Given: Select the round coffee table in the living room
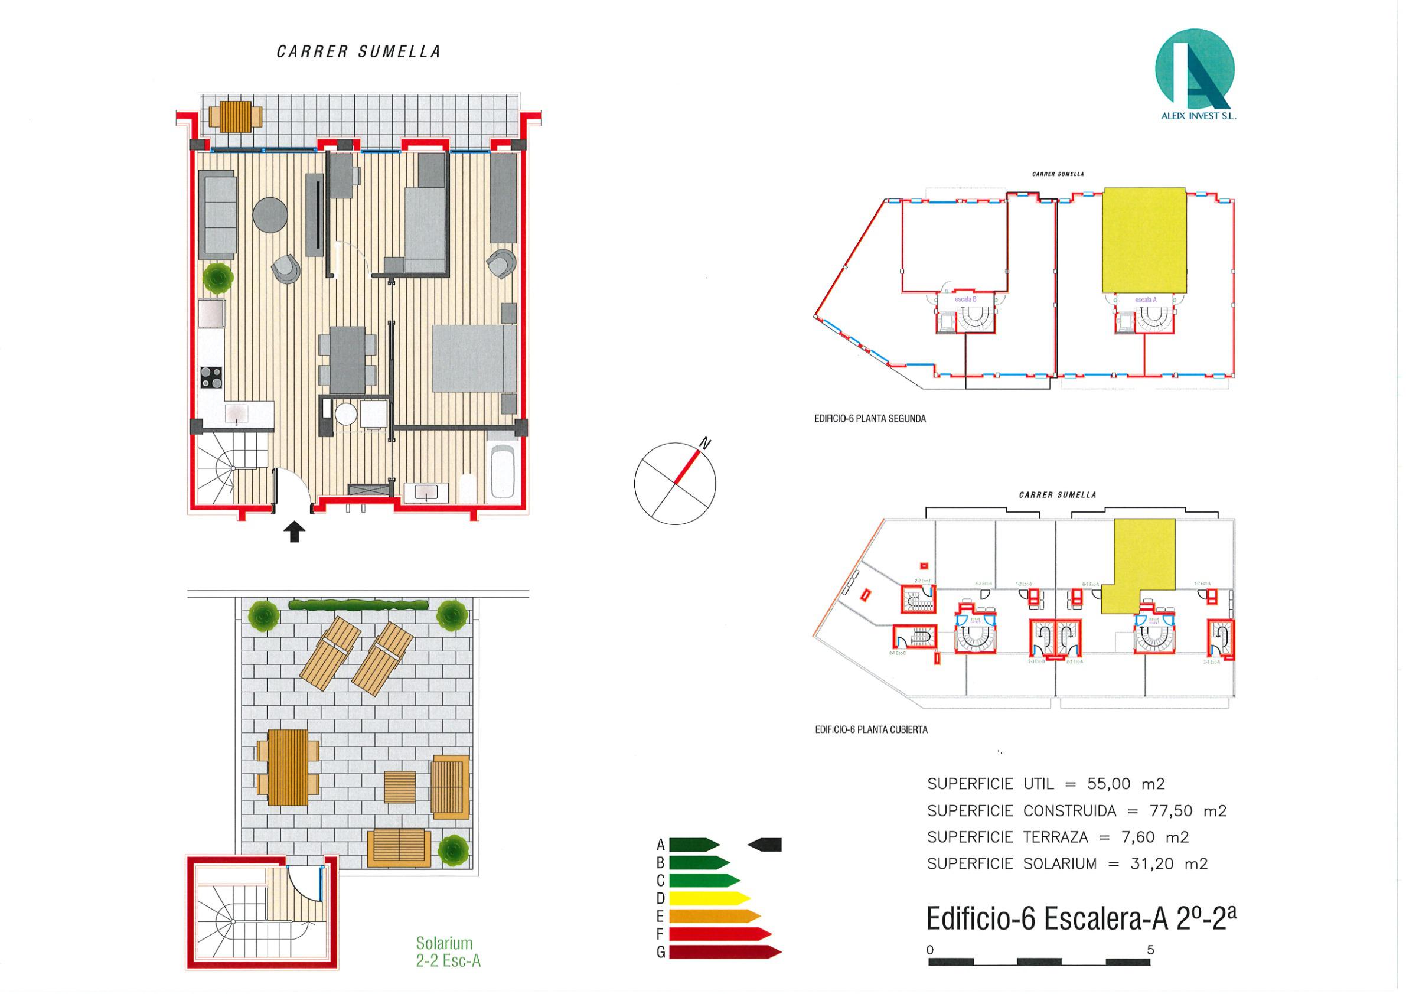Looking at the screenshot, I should (x=270, y=214).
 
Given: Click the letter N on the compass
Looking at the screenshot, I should (x=705, y=443).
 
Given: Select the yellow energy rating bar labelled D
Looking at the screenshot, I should (x=709, y=898).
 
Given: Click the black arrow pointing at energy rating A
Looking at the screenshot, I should (x=765, y=845).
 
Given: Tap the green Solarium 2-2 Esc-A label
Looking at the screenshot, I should (x=448, y=951).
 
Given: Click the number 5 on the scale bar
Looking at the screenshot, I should (x=1151, y=950).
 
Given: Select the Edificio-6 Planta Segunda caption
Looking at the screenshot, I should (x=870, y=419).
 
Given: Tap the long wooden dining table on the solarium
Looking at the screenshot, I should (x=288, y=767).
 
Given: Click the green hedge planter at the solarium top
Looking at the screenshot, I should (x=358, y=605).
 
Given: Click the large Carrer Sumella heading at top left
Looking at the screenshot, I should (x=358, y=52).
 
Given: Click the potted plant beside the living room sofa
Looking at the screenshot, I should (x=218, y=278).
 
